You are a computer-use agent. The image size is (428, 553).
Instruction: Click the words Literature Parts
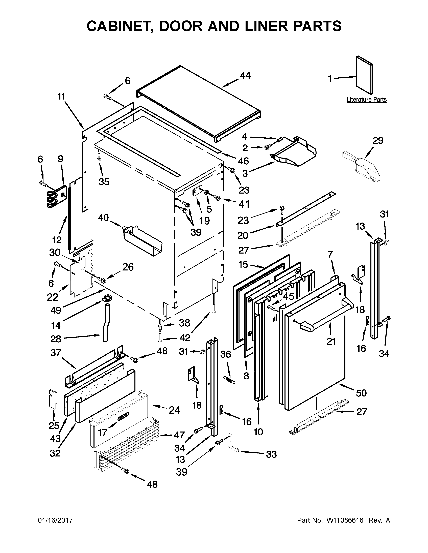[366, 100]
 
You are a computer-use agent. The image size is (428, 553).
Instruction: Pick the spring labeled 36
[229, 380]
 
